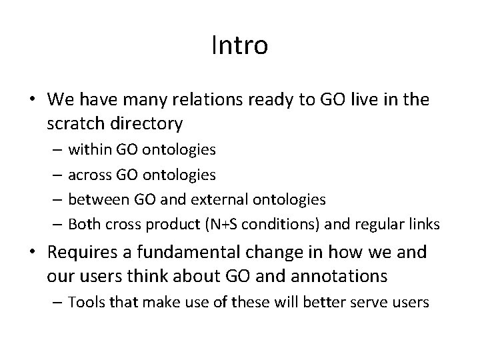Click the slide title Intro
[239, 46]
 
